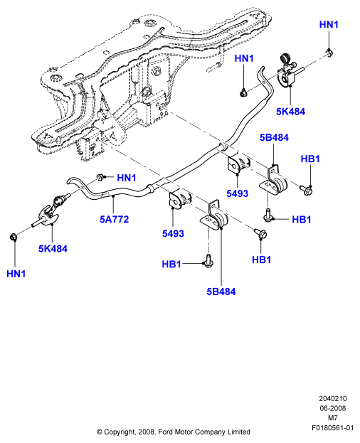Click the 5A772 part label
(x=114, y=219)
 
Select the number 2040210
(x=332, y=398)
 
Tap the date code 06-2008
(x=332, y=408)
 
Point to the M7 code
(x=332, y=418)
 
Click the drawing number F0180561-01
(x=332, y=428)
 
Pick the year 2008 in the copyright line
(x=147, y=432)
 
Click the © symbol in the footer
(x=100, y=432)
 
